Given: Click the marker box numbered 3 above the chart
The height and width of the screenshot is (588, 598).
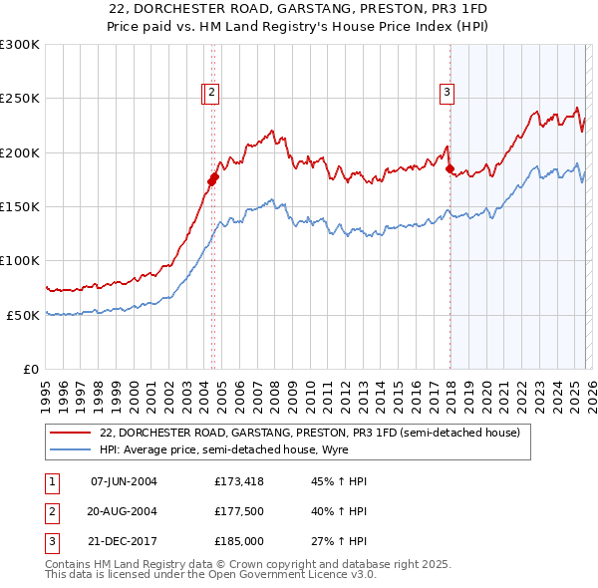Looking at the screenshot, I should tap(448, 93).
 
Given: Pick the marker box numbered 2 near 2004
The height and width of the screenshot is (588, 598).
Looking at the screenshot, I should tap(214, 93).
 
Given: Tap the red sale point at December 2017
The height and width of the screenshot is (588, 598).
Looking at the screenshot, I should tap(449, 169).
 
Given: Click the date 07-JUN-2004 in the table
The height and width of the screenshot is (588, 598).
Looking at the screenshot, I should tap(124, 481).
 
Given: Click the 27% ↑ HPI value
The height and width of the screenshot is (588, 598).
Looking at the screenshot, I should tap(339, 541).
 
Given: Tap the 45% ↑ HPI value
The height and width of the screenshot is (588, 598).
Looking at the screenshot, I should tap(339, 481).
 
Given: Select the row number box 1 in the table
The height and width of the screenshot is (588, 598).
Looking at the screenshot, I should tap(51, 481).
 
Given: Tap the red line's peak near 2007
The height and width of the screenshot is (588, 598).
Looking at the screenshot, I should tap(272, 131).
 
